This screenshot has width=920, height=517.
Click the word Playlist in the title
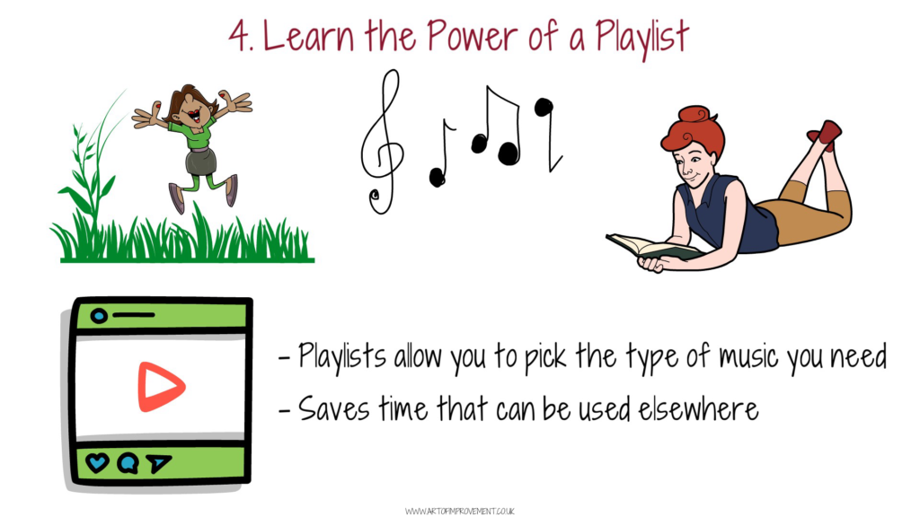pyautogui.click(x=641, y=37)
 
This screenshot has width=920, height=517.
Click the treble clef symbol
pyautogui.click(x=382, y=142)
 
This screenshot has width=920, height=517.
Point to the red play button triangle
pyautogui.click(x=160, y=387)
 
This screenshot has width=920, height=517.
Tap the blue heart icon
pyautogui.click(x=97, y=462)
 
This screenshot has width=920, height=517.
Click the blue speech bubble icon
pyautogui.click(x=128, y=463)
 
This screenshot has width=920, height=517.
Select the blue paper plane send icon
pyautogui.click(x=158, y=463)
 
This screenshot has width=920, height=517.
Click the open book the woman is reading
pyautogui.click(x=653, y=249)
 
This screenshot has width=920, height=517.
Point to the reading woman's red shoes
pyautogui.click(x=827, y=135)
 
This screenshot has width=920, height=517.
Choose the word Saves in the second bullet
pyautogui.click(x=334, y=408)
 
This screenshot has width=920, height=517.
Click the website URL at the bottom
pyautogui.click(x=459, y=511)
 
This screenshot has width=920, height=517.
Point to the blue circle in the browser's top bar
pyautogui.click(x=99, y=316)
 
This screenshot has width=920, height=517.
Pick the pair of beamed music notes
pyautogui.click(x=497, y=126)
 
